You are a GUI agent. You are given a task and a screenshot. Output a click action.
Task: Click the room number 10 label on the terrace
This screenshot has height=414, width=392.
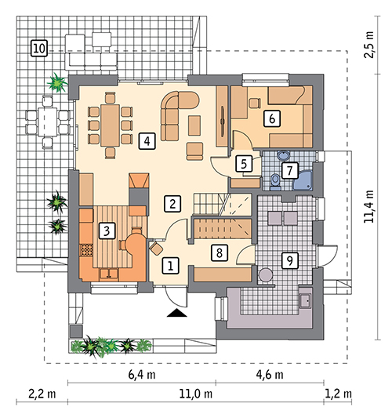pos(39,49)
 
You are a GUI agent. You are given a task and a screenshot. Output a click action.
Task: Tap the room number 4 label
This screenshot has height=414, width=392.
pos(147,141)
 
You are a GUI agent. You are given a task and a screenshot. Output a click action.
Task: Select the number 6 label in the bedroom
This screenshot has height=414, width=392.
pos(272,119)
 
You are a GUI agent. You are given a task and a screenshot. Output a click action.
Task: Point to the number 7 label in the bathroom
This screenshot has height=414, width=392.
pos(290,170)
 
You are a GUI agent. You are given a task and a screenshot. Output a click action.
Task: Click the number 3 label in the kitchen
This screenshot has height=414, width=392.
pos(107,231)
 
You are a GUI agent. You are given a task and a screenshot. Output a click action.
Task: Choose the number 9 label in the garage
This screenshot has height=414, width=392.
pos(290,260)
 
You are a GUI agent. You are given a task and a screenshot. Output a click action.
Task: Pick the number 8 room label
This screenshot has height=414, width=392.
pos(220,253)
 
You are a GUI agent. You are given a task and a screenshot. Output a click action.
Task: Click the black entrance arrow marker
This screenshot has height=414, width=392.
pos(177,313)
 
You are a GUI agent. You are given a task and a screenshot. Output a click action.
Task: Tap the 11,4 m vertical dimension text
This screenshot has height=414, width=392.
pos(369,206)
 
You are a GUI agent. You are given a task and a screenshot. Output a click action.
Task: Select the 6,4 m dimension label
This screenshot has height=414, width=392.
pos(142,374)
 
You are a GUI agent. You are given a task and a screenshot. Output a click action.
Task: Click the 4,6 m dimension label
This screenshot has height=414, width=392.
pos(270,374)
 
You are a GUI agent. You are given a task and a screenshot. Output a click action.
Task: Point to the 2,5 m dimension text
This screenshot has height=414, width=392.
pos(369,45)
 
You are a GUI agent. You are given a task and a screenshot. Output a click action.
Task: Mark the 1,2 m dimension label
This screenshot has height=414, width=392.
pos(339,394)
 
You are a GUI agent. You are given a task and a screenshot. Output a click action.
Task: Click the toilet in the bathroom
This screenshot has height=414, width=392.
pos(275,183)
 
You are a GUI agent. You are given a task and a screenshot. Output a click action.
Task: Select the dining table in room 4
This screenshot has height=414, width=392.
pos(111,125)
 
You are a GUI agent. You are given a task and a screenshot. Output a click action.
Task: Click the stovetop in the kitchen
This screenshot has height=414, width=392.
pos(86,250)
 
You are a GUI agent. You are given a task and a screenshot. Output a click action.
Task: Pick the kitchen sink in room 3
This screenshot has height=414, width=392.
pos(109,274)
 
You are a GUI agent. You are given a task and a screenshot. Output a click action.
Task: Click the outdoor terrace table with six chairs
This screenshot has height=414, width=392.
pos(48,122)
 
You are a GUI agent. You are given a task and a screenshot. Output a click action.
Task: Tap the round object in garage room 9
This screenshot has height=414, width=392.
pos(266,275)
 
